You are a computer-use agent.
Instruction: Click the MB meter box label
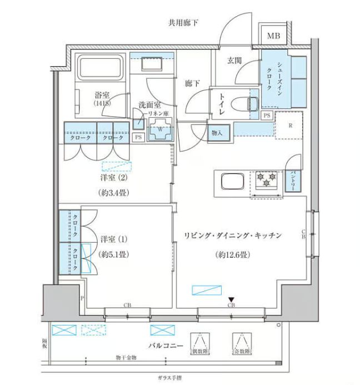pos(273,37)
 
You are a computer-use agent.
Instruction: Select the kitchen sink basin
pos(230,181)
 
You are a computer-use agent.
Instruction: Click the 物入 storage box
pos(217,133)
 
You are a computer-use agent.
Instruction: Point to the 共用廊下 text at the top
pos(183,22)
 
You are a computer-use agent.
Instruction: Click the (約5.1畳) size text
pos(114,254)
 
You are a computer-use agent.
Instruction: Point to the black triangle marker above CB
pos(231,300)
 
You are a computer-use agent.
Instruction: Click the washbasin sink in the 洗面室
pos(151,63)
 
